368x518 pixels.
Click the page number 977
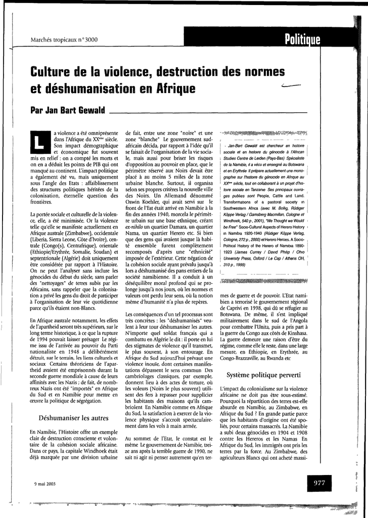(319, 483)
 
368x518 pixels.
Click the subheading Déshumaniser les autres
(74, 418)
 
